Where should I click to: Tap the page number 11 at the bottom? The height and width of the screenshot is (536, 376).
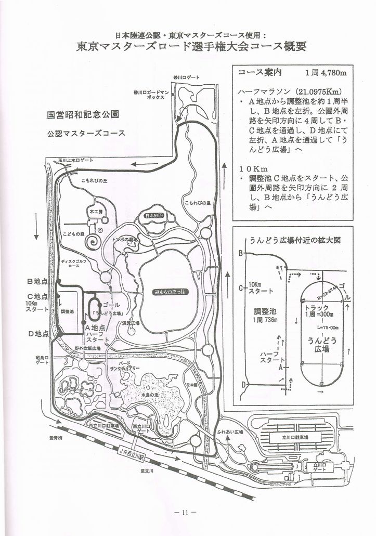186,513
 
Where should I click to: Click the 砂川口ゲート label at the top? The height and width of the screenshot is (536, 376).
187,77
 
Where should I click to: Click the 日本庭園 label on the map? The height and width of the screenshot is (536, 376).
154,215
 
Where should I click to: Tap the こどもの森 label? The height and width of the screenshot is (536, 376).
74,234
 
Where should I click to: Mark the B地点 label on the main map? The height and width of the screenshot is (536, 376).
37,281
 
